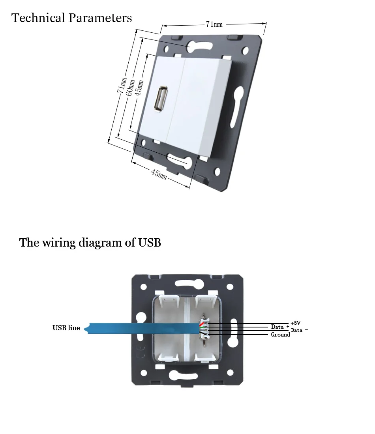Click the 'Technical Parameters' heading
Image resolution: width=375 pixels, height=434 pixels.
click(x=71, y=18)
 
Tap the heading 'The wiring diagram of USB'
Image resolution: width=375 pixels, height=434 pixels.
click(x=90, y=243)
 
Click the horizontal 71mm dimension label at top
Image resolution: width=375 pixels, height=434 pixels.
click(x=214, y=24)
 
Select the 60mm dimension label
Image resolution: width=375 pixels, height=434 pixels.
click(x=130, y=88)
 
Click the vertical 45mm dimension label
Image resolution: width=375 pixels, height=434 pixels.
click(x=139, y=88)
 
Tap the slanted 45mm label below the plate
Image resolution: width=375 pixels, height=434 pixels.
click(x=159, y=174)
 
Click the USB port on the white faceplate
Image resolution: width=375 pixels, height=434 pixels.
click(x=161, y=99)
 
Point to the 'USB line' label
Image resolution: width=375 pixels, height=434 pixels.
click(x=66, y=328)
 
